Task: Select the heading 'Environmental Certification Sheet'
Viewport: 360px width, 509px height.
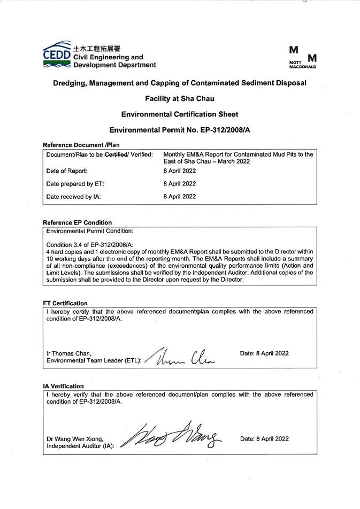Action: point(180,114)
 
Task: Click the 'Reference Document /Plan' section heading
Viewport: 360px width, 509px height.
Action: point(81,145)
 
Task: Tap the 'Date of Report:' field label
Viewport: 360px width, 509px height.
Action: point(67,171)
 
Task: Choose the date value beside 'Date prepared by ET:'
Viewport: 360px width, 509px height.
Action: point(179,184)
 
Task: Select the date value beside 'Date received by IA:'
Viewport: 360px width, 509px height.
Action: point(179,197)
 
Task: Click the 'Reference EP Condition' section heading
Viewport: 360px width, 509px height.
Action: point(77,222)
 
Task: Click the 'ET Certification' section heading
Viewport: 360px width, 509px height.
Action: point(65,303)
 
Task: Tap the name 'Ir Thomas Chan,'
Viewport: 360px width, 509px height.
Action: point(69,353)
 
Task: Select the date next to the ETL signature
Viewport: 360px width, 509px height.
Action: point(264,353)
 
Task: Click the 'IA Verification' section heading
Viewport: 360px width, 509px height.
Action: point(63,386)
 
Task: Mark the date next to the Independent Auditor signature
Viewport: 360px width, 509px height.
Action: point(264,439)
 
